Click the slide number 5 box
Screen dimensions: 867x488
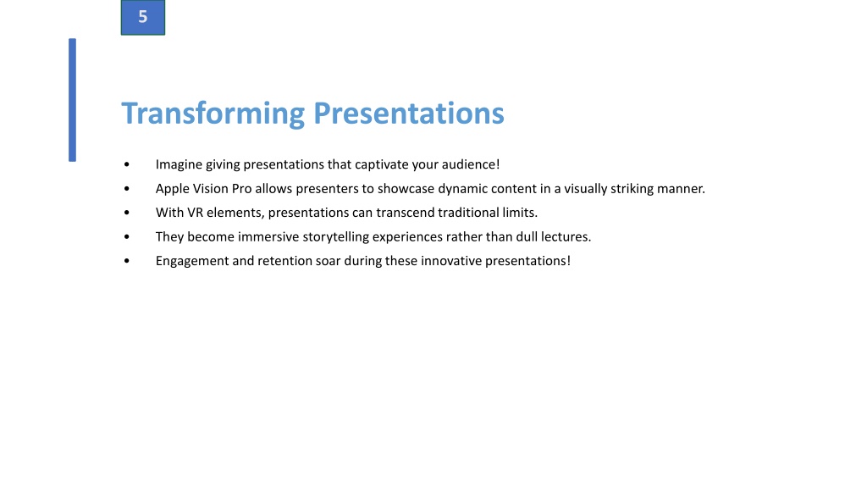pos(142,17)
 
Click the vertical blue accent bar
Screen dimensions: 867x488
pos(73,100)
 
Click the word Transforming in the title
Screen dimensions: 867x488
pos(213,114)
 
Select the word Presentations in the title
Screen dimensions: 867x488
pos(409,113)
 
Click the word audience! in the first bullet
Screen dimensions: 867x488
pos(471,164)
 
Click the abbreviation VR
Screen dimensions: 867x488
pos(196,213)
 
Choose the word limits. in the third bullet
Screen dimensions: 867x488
pos(520,213)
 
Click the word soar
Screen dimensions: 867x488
pos(328,261)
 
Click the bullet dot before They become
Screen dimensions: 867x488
pos(127,237)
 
